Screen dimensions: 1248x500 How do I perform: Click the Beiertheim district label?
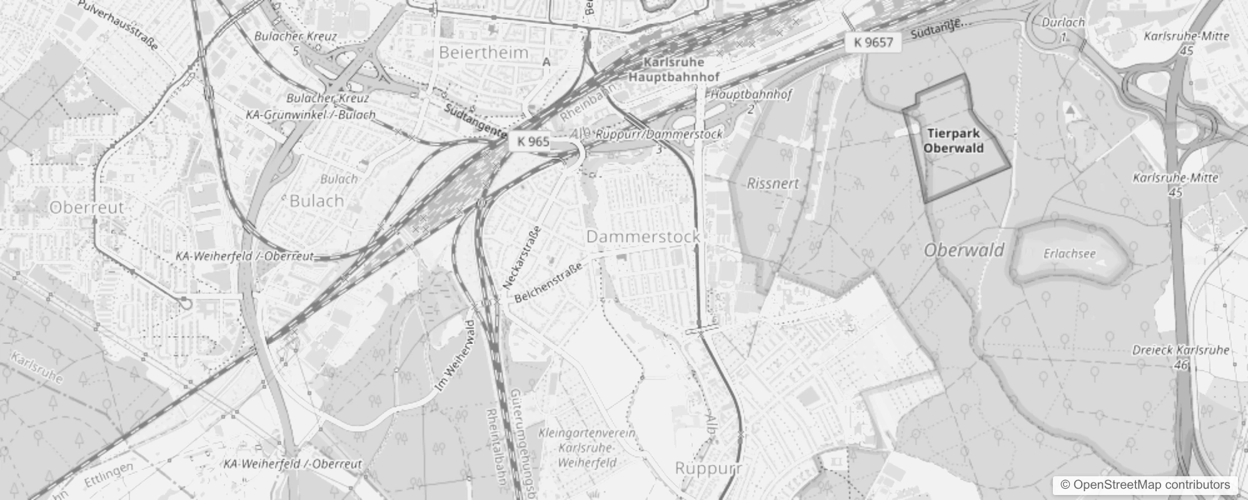[483, 52]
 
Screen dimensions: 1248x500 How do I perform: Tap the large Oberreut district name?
[87, 207]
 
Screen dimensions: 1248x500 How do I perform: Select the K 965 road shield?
[533, 142]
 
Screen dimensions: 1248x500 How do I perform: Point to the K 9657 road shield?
[873, 42]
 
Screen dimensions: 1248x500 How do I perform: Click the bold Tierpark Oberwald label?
[954, 141]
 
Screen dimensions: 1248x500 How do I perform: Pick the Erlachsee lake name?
[1069, 254]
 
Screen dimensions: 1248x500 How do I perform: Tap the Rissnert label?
[773, 184]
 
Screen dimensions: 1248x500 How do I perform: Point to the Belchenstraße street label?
[548, 283]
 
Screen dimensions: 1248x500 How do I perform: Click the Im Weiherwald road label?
[455, 357]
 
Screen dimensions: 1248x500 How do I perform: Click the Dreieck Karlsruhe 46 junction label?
[1180, 356]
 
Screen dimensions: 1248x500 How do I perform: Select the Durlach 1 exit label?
[1063, 27]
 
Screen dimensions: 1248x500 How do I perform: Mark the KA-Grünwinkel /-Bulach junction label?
[310, 115]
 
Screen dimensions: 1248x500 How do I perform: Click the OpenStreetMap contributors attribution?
[1145, 485]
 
